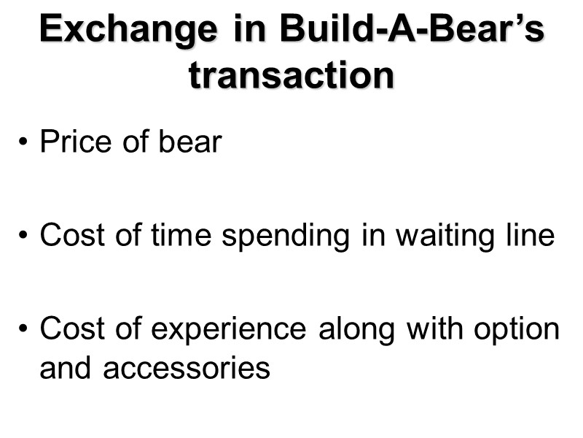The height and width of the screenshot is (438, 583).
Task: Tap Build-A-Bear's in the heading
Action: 412,31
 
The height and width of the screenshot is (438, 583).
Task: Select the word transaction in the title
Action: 291,75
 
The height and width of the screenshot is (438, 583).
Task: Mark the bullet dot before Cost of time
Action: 26,237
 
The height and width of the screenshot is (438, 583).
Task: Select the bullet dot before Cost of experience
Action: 26,331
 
